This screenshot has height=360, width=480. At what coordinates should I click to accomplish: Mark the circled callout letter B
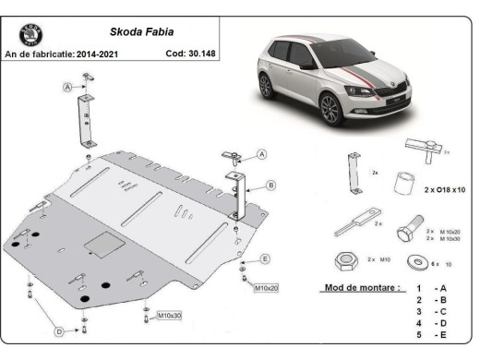coord(270,185)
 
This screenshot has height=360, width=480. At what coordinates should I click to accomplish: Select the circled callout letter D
coord(58,330)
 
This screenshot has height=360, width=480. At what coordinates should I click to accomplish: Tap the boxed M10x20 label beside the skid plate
coord(267,288)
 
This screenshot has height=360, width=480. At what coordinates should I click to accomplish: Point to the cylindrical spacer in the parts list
coord(402,181)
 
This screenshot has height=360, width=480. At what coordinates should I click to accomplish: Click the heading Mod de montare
coord(362,287)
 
